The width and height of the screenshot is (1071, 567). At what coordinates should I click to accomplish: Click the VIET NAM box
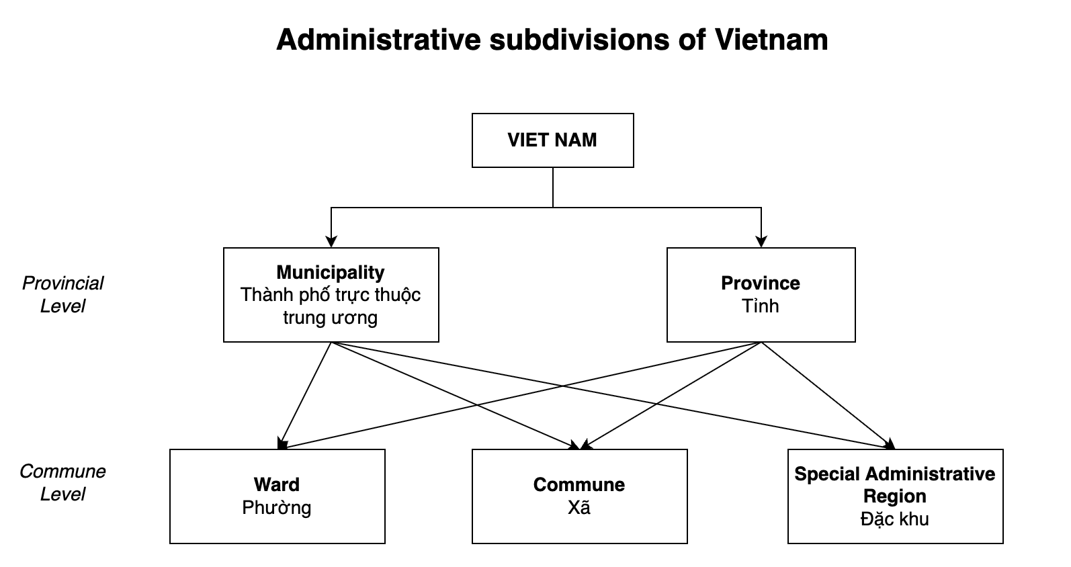click(552, 140)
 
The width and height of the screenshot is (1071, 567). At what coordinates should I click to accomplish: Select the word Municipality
click(331, 272)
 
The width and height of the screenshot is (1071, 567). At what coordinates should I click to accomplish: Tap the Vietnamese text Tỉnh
click(761, 306)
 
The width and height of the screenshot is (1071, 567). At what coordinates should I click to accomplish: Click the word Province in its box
click(761, 283)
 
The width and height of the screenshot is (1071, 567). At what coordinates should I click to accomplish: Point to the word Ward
click(277, 484)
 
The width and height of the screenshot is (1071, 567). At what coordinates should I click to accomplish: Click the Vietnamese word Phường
click(277, 507)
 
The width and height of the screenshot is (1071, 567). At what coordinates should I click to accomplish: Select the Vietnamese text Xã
click(579, 507)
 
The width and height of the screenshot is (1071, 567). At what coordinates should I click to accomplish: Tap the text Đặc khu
click(895, 519)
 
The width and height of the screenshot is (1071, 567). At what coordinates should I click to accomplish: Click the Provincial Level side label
click(62, 294)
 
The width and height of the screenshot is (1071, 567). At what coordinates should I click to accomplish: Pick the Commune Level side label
click(62, 482)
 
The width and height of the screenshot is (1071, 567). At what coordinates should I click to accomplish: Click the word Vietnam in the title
click(771, 40)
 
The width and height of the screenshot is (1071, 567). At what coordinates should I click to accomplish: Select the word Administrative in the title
click(378, 40)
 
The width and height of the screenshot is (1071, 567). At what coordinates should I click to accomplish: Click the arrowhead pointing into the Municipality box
click(331, 241)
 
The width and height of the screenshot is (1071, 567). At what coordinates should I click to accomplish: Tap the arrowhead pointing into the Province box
click(761, 241)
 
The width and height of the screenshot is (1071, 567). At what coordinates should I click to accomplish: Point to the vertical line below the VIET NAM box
click(553, 187)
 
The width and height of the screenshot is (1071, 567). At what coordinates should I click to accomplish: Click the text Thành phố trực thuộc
click(331, 295)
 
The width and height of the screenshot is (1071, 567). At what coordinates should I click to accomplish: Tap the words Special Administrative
click(895, 474)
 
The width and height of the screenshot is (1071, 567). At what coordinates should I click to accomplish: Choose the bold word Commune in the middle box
click(579, 484)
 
